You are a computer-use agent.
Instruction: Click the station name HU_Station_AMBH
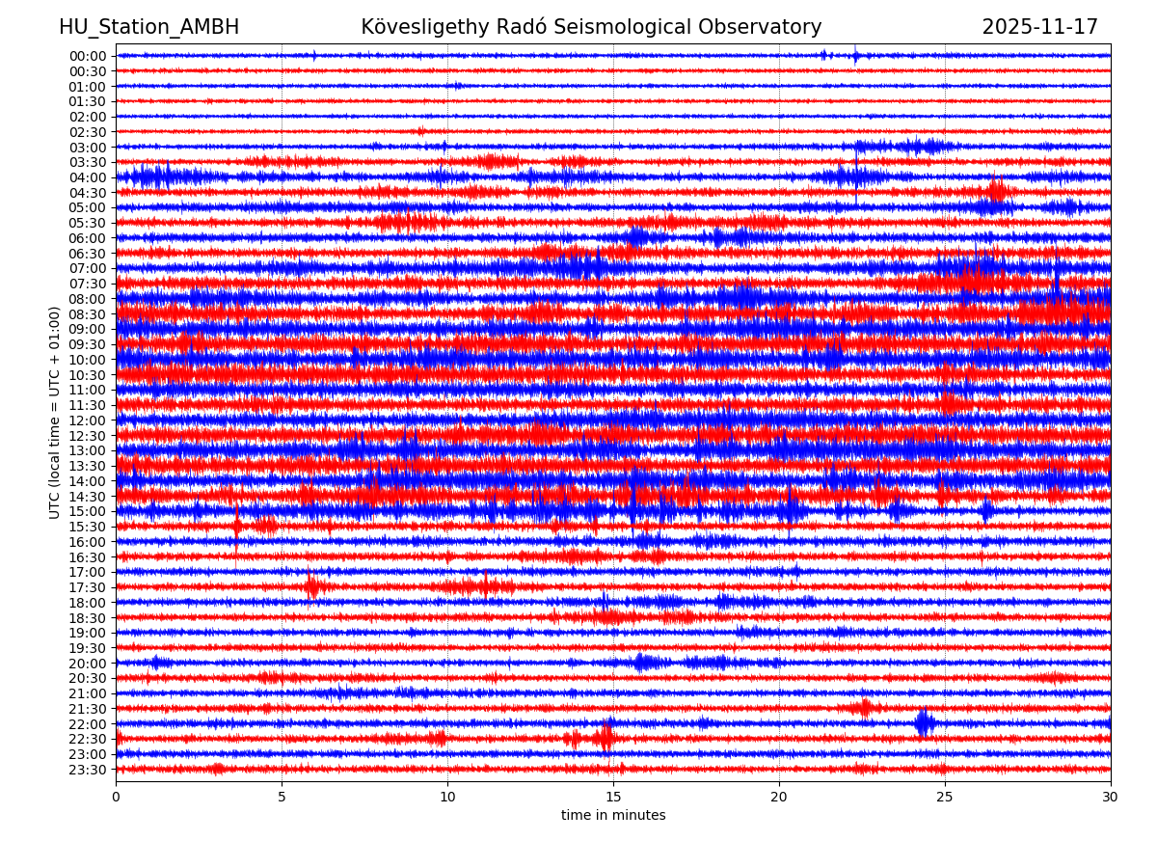pyautogui.click(x=148, y=27)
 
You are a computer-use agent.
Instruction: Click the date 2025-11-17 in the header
pyautogui.click(x=1039, y=27)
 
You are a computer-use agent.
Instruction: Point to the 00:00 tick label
pyautogui.click(x=88, y=56)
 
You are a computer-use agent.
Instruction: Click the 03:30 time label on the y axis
pyautogui.click(x=88, y=162)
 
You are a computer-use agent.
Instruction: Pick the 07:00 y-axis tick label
pyautogui.click(x=88, y=268)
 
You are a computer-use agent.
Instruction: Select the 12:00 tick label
pyautogui.click(x=88, y=420)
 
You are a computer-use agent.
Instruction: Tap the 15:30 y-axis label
pyautogui.click(x=88, y=527)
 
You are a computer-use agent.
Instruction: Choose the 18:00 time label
pyautogui.click(x=88, y=603)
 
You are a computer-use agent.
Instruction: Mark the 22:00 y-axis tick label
pyautogui.click(x=88, y=724)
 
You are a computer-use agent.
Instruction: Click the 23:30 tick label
pyautogui.click(x=88, y=770)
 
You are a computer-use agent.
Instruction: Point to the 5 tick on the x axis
pyautogui.click(x=282, y=797)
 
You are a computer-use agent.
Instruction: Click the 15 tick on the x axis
pyautogui.click(x=613, y=797)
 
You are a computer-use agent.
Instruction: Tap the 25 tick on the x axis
pyautogui.click(x=945, y=797)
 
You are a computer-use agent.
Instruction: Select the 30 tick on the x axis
pyautogui.click(x=1111, y=797)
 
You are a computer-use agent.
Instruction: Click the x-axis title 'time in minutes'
pyautogui.click(x=613, y=816)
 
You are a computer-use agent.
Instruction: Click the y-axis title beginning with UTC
pyautogui.click(x=56, y=413)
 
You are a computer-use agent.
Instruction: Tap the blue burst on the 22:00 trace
pyautogui.click(x=924, y=723)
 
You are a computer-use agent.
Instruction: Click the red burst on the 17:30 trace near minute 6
pyautogui.click(x=312, y=586)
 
